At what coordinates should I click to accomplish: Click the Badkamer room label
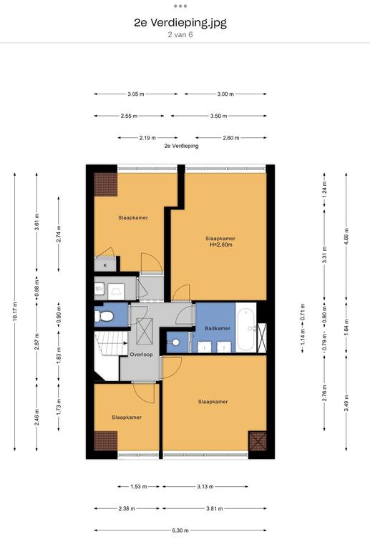[218, 328]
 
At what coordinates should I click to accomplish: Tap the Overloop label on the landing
[141, 355]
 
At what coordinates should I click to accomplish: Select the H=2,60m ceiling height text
[220, 244]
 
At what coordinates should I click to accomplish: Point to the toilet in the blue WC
[104, 317]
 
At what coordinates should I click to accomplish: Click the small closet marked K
[104, 265]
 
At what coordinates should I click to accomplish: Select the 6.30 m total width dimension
[180, 530]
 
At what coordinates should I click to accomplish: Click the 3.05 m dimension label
[135, 94]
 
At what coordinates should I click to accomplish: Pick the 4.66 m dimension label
[346, 236]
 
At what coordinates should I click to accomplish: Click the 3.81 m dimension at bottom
[215, 508]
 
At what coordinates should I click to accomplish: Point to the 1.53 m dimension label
[139, 486]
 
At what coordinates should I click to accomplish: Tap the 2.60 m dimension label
[231, 138]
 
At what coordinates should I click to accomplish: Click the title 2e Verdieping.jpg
[180, 23]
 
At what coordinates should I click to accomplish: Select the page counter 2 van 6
[180, 34]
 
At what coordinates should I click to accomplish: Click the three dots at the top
[180, 6]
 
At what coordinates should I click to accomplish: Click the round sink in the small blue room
[176, 342]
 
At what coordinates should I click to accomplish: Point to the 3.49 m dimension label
[346, 402]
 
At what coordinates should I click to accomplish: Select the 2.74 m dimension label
[59, 234]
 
